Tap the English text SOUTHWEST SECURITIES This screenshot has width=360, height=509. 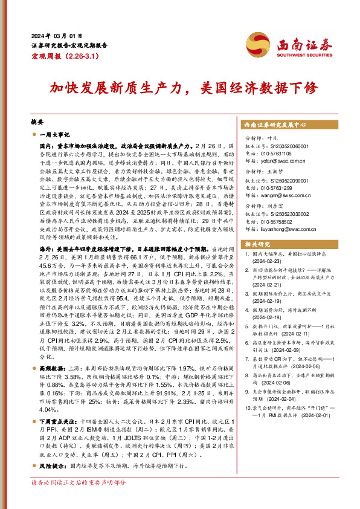(x=304, y=53)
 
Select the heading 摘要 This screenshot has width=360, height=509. (x=37, y=121)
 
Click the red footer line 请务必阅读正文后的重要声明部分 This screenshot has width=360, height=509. (x=79, y=500)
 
